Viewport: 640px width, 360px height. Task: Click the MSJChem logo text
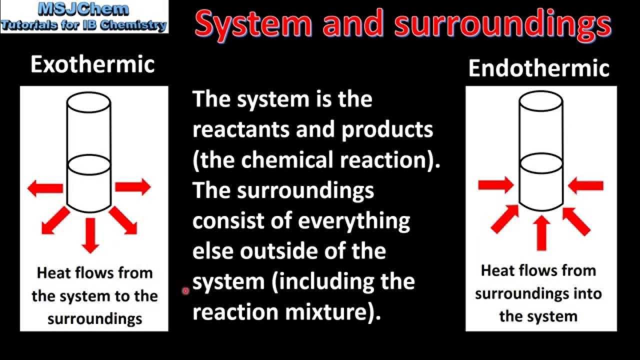(83, 9)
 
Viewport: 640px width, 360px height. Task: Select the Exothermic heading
(92, 64)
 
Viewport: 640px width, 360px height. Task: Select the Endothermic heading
(538, 68)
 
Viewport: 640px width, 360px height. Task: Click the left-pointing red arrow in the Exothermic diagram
(45, 188)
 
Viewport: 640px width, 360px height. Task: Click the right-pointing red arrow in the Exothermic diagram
(132, 186)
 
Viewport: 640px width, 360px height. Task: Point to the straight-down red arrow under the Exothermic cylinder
(90, 235)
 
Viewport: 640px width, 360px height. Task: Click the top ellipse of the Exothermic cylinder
(88, 102)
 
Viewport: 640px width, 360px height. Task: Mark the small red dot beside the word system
(185, 290)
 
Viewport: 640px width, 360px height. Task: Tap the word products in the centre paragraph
(387, 129)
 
